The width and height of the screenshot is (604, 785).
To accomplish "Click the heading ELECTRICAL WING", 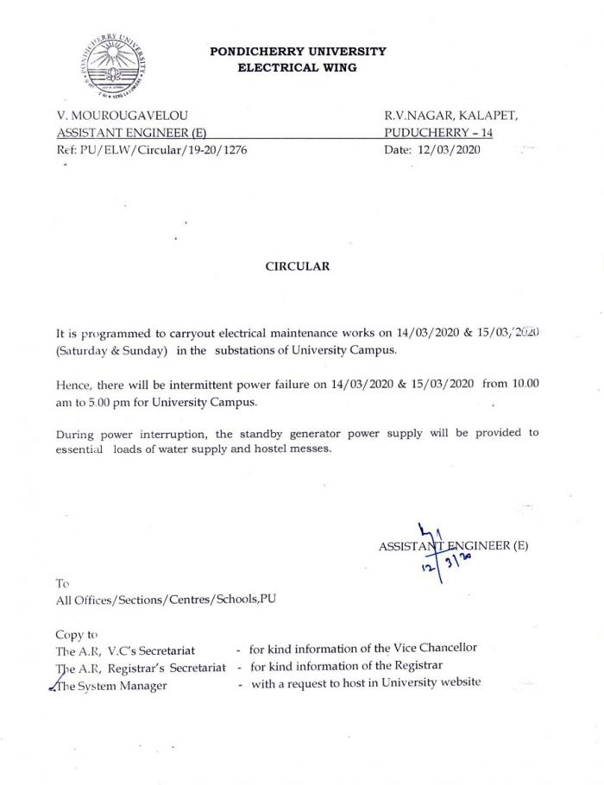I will coord(298,66).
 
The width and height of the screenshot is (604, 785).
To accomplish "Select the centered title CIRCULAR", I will coord(297,267).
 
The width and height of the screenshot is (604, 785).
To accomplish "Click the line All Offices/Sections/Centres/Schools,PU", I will coord(167,600).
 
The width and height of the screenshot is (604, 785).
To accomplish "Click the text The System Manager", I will coord(111,684).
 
